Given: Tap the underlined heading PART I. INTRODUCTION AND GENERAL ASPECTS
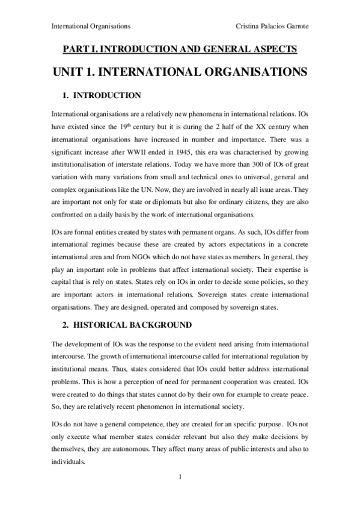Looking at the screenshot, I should (x=180, y=50).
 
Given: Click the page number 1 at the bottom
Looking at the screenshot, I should (x=180, y=478).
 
